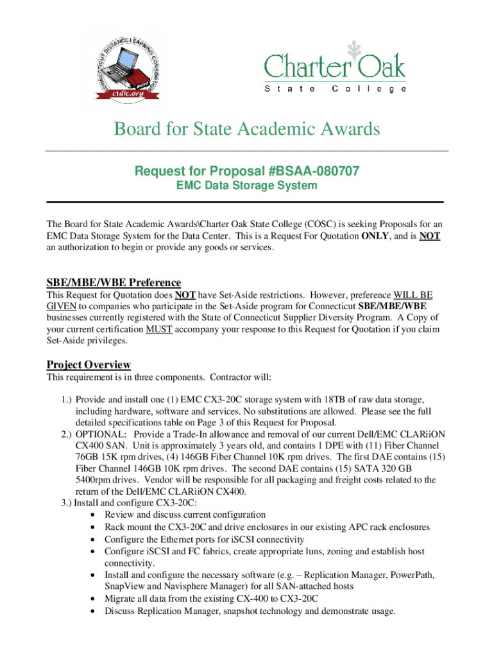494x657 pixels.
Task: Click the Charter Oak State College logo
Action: point(335,69)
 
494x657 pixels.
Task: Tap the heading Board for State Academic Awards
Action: point(247,130)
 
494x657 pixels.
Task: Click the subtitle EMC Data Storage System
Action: point(246,185)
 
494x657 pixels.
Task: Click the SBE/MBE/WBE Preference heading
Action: point(114,283)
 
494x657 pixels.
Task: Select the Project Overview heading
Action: point(89,364)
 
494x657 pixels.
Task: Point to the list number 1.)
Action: point(62,399)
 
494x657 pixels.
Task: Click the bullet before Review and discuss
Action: point(95,515)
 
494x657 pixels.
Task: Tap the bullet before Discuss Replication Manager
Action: point(95,611)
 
